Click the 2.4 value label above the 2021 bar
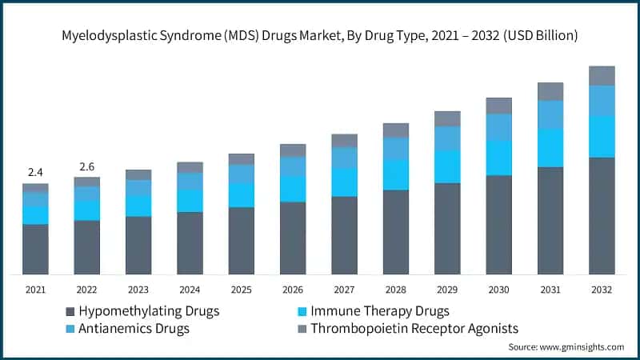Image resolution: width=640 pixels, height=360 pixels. (x=35, y=172)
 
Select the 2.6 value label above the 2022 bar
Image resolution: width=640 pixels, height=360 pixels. (x=86, y=166)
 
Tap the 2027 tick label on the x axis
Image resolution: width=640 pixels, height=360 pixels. (x=344, y=290)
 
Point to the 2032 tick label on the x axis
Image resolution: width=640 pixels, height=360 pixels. (x=602, y=290)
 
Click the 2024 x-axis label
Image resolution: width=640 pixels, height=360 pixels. (x=190, y=290)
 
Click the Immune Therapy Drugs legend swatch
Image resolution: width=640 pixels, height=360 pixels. (x=302, y=311)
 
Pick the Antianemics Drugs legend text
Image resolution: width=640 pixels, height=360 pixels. (x=134, y=328)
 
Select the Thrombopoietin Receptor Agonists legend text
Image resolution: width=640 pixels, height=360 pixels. (x=414, y=328)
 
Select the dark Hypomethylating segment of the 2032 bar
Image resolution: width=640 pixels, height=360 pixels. (x=602, y=216)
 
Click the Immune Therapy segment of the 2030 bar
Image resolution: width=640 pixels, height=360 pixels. (x=498, y=158)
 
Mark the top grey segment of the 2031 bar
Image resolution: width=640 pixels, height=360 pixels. (x=550, y=91)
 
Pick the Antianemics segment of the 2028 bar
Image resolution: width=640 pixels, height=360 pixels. (x=395, y=148)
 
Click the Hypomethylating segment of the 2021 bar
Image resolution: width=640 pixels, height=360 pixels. (x=35, y=250)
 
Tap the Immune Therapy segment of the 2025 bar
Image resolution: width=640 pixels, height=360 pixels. (x=241, y=195)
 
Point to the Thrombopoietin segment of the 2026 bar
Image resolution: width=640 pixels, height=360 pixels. (x=293, y=150)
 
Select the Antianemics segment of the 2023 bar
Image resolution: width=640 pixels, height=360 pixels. (x=138, y=188)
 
